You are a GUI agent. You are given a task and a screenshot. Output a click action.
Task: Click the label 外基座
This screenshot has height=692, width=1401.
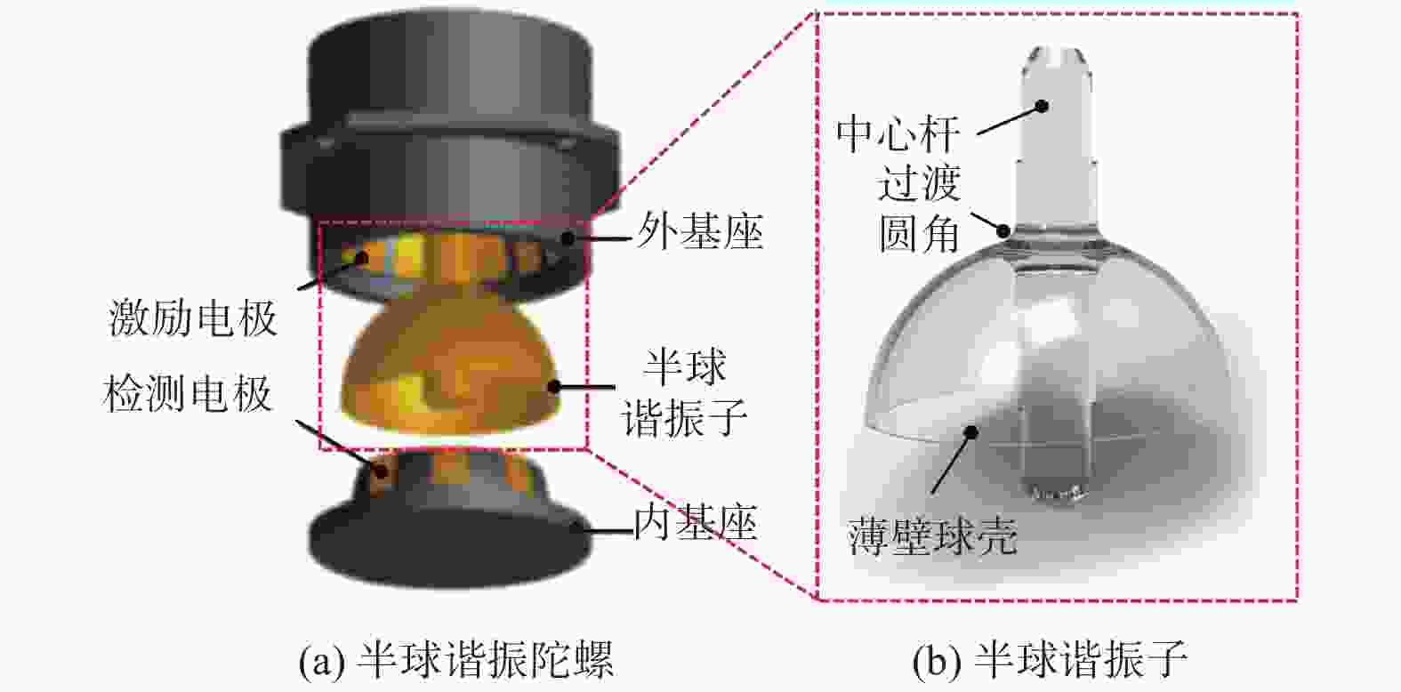coord(700,231)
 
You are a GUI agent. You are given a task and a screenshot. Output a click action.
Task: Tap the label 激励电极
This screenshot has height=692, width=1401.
coord(193,318)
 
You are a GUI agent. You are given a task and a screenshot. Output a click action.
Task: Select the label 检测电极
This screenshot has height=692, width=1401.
coord(188,393)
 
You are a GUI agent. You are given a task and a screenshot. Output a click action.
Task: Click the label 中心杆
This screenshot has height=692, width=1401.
coord(898,134)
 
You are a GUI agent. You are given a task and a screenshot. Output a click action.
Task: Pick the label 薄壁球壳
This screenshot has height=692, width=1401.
coord(932,536)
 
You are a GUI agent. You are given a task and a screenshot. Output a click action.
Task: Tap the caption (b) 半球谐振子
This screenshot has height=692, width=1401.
coord(1050,659)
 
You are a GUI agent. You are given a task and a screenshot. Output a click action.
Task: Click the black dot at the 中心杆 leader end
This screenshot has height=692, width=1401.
coord(1042,107)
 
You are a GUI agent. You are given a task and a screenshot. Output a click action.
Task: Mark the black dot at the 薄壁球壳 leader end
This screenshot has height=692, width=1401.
coord(971,431)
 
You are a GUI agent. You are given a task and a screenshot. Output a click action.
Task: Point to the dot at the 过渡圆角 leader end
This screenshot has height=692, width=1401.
coord(1004,231)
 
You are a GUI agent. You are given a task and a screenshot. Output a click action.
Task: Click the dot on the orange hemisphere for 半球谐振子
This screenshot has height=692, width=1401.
coord(554,387)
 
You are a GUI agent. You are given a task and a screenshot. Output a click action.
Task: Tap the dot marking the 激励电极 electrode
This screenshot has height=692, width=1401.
coord(361,257)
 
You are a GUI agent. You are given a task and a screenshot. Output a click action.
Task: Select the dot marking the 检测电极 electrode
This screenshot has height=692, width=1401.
coord(381,471)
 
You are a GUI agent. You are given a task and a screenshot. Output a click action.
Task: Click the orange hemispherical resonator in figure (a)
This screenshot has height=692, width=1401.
coord(449,370)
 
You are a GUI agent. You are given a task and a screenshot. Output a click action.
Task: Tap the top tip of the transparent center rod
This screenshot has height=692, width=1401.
coord(1057,47)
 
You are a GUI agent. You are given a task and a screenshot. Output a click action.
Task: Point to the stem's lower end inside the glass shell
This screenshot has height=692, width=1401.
coord(1057,495)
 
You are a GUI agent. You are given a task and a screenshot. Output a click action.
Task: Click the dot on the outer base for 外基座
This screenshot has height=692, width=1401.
coord(568,238)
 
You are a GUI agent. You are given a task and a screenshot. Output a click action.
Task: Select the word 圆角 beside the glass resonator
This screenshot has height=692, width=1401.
coord(918,234)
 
